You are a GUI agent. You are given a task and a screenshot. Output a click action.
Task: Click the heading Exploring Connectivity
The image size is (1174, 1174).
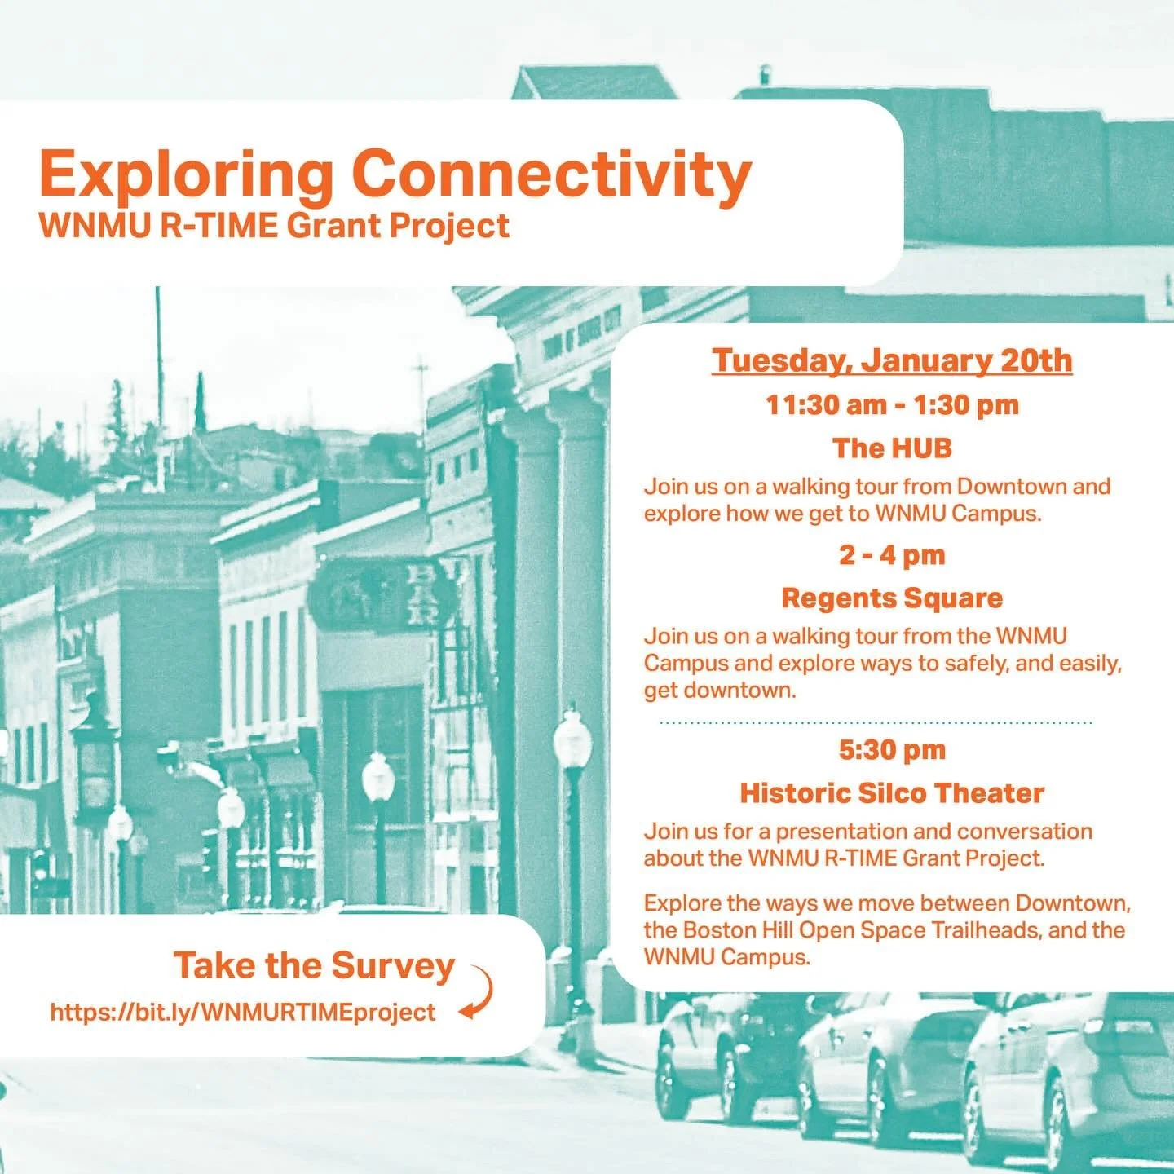pyautogui.click(x=395, y=174)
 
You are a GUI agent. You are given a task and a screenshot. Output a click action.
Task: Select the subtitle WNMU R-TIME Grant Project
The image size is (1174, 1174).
pyautogui.click(x=274, y=226)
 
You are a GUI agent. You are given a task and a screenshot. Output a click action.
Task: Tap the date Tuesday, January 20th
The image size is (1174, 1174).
pyautogui.click(x=892, y=360)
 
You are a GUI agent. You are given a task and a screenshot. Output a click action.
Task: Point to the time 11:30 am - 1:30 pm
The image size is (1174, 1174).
pyautogui.click(x=892, y=405)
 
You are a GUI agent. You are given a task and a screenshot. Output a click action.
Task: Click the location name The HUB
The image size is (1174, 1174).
pyautogui.click(x=892, y=448)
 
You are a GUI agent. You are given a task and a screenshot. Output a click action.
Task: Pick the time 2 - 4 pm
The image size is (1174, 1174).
pyautogui.click(x=892, y=555)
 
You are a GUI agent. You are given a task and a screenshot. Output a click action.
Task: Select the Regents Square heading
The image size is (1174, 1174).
pyautogui.click(x=892, y=598)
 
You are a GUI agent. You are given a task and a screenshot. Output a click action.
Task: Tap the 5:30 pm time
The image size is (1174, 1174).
pyautogui.click(x=892, y=750)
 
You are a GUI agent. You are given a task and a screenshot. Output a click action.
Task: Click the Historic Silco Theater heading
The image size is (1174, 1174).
pyautogui.click(x=892, y=793)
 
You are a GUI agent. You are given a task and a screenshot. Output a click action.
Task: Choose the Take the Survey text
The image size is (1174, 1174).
pyautogui.click(x=314, y=965)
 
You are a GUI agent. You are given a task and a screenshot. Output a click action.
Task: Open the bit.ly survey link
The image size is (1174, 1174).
pyautogui.click(x=243, y=1013)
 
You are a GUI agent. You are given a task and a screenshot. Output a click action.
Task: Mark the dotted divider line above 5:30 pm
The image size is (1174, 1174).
pyautogui.click(x=876, y=722)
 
